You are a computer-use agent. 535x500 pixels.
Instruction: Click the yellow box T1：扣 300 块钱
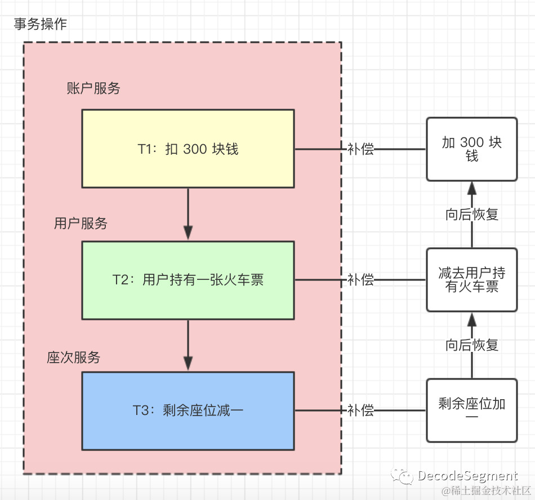[x=188, y=149]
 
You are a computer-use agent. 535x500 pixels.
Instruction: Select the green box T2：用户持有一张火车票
[x=188, y=280]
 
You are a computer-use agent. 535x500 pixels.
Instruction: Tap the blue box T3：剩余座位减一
[x=188, y=410]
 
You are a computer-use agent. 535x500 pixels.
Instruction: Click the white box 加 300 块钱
[x=471, y=149]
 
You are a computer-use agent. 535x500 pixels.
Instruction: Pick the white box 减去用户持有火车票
[x=471, y=280]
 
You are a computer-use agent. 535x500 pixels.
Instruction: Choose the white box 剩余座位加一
[x=471, y=410]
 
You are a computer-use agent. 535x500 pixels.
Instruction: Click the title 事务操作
[x=40, y=24]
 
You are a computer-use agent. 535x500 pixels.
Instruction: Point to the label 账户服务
[x=93, y=88]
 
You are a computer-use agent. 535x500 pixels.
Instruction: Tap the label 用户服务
[x=81, y=224]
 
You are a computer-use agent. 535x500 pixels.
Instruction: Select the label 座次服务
[x=74, y=358]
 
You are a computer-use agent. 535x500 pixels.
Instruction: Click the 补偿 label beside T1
[x=360, y=149]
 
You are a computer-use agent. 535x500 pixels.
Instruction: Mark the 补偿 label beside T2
[x=360, y=280]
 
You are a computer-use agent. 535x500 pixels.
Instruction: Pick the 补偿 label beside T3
[x=360, y=410]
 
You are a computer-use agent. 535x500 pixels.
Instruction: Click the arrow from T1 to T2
[x=188, y=214]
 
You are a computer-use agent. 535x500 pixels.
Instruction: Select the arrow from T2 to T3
[x=188, y=345]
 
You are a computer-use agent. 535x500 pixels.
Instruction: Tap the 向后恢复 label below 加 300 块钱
[x=472, y=215]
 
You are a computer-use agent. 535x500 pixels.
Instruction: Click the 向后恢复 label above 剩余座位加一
[x=472, y=345]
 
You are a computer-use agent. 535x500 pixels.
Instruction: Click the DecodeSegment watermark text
[x=467, y=476]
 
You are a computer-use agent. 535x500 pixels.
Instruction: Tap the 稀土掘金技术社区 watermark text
[x=486, y=491]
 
